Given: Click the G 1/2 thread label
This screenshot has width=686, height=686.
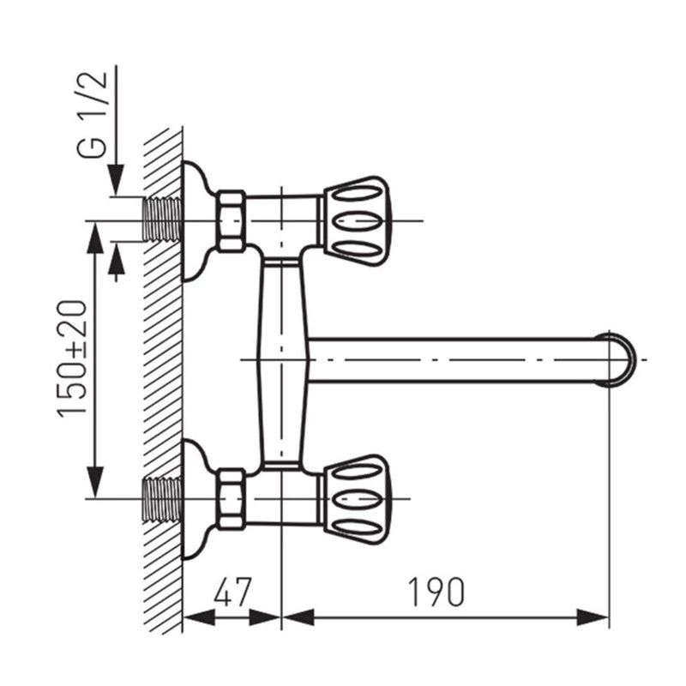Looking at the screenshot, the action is coord(92,114).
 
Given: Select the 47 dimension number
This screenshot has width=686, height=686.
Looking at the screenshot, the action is coord(232,592).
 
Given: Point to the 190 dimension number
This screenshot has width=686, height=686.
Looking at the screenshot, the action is coord(436,592).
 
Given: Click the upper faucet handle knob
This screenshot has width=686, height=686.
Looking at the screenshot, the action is coord(357,221).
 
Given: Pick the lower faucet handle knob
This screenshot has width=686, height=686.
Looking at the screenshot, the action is coord(357,499).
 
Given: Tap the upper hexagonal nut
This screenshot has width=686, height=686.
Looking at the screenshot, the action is coord(232,221).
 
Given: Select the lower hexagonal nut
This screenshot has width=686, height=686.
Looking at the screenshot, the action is coord(232,499).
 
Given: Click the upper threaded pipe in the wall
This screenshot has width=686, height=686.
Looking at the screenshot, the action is coord(162,220).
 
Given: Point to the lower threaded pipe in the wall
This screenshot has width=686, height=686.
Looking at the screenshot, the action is coord(162,499).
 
